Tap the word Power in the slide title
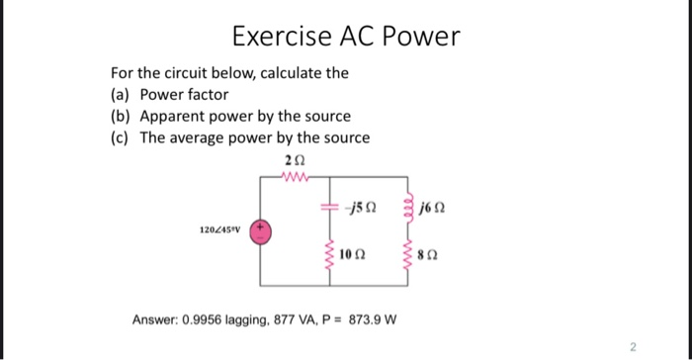point(419,37)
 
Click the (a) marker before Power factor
point(122,95)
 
